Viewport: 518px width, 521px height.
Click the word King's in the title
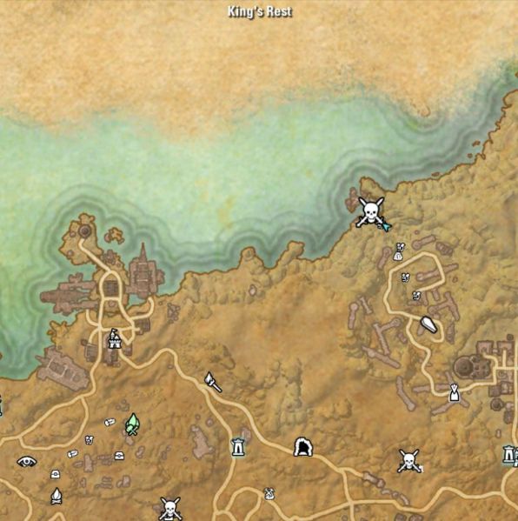pyautogui.click(x=246, y=11)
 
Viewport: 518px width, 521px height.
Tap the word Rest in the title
pyautogui.click(x=280, y=11)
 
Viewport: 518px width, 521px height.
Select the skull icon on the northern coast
pyautogui.click(x=370, y=210)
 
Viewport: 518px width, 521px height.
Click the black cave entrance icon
pyautogui.click(x=303, y=447)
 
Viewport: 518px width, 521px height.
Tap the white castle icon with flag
pyautogui.click(x=114, y=337)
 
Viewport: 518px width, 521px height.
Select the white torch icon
pyautogui.click(x=212, y=381)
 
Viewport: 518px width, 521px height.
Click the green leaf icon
pyautogui.click(x=132, y=424)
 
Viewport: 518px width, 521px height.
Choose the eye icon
pyautogui.click(x=26, y=461)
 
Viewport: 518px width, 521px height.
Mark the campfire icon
pyautogui.click(x=56, y=496)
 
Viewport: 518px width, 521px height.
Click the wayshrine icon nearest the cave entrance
pyautogui.click(x=237, y=446)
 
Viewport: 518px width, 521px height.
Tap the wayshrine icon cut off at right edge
pyautogui.click(x=510, y=454)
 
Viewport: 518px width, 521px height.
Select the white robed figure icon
pyautogui.click(x=453, y=392)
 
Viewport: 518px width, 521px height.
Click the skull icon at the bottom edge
pyautogui.click(x=170, y=507)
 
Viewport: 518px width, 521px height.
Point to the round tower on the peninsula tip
pyautogui.click(x=85, y=231)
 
